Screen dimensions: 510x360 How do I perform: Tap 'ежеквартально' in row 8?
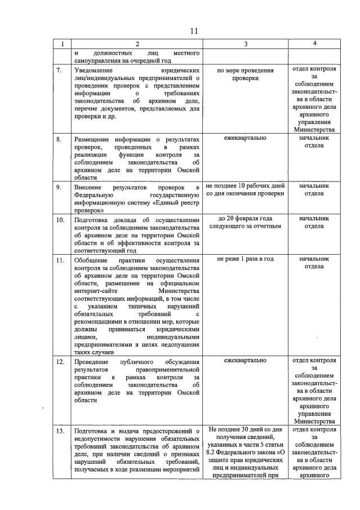click(x=245, y=138)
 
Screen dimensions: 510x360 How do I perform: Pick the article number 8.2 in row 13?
click(x=213, y=452)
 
